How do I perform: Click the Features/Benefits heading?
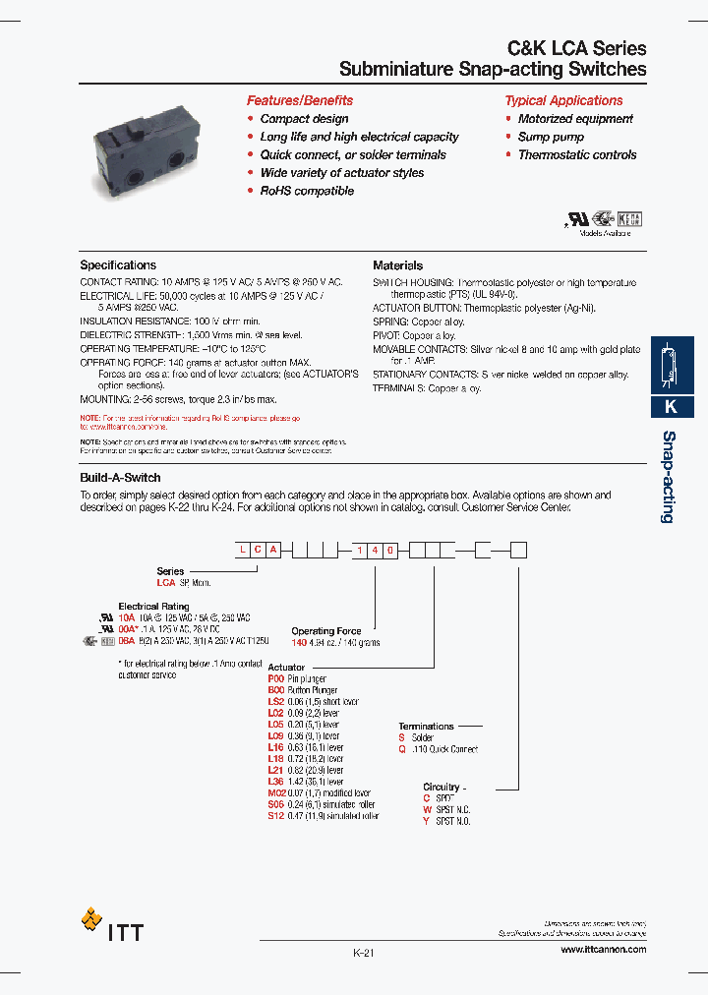click(x=299, y=100)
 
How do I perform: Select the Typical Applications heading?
click(x=563, y=100)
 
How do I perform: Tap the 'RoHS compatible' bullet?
click(x=306, y=191)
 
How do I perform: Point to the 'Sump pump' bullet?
click(x=551, y=137)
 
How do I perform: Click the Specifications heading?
click(x=118, y=265)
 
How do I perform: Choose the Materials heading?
click(x=398, y=265)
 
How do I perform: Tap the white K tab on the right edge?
click(x=672, y=406)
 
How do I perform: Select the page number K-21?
click(x=364, y=954)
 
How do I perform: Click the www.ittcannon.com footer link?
click(x=603, y=949)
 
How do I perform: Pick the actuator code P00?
click(x=275, y=678)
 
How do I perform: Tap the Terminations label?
click(x=426, y=726)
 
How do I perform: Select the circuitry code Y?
click(x=427, y=821)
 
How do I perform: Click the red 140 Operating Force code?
click(x=300, y=642)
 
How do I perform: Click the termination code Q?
click(x=401, y=749)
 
